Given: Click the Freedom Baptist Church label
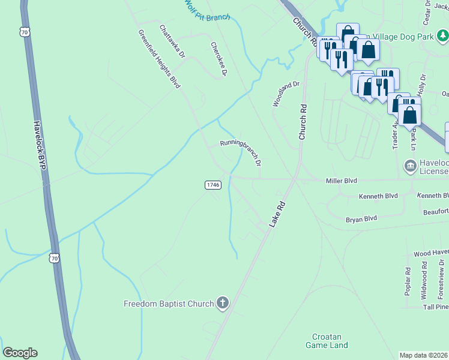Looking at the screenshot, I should [x=169, y=304].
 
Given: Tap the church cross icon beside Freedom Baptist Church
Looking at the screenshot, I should [x=222, y=303].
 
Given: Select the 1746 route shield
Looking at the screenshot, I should [x=213, y=185].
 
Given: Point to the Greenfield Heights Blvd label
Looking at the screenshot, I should [x=159, y=59].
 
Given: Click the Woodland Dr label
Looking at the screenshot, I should [x=285, y=94].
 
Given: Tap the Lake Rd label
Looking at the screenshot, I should [x=276, y=214].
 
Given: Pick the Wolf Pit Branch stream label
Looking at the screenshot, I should [x=208, y=11].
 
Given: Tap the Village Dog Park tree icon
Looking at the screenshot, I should [x=442, y=36].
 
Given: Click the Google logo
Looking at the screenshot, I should [x=20, y=353].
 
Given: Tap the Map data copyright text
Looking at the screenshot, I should [x=424, y=355].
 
